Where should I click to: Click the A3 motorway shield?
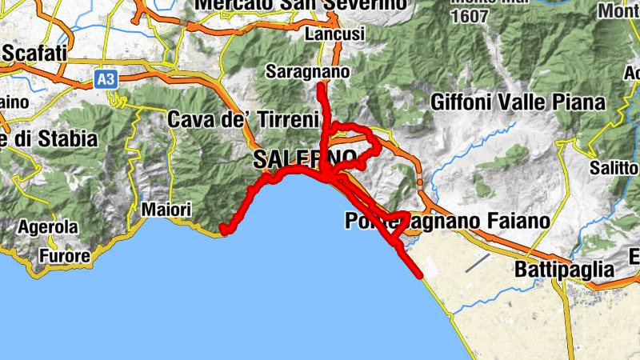104,78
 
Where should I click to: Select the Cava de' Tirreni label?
231,119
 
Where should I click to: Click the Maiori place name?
166,210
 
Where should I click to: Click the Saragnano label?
308,72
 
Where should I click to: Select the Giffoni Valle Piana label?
518,102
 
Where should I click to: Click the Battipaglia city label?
565,269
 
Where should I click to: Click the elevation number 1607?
470,16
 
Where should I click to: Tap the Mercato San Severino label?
301,6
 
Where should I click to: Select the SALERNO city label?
305,158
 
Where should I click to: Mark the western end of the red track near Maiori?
225,231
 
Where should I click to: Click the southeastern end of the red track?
419,276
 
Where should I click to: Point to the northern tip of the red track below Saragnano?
320,86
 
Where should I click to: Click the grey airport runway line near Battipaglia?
478,262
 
